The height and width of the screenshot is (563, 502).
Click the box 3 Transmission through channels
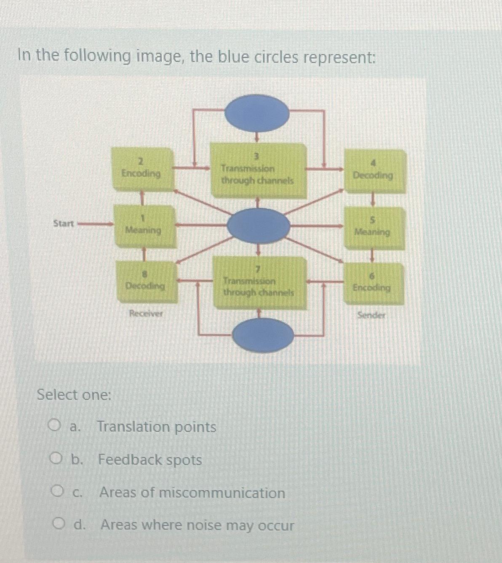258,171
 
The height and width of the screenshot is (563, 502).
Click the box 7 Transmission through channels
259,283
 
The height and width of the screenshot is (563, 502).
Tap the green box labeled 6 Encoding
373,283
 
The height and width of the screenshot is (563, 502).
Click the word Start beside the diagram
64,223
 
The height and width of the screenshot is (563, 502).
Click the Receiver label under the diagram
146,313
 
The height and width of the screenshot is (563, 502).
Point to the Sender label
371,315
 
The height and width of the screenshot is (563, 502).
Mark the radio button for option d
59,524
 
